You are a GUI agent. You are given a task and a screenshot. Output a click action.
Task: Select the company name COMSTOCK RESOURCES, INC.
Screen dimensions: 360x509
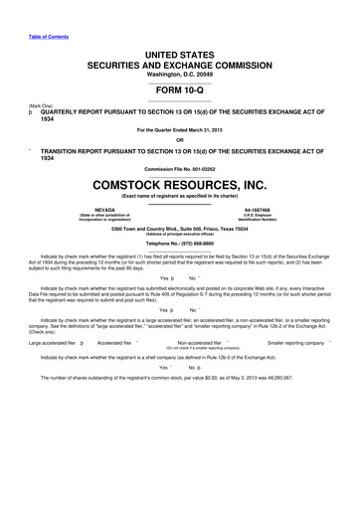pos(179,184)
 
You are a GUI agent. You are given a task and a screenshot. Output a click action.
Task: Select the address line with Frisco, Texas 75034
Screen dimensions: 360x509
pos(180,228)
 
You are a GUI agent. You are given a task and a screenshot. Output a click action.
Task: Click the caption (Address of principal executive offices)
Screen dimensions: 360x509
pos(179,234)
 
